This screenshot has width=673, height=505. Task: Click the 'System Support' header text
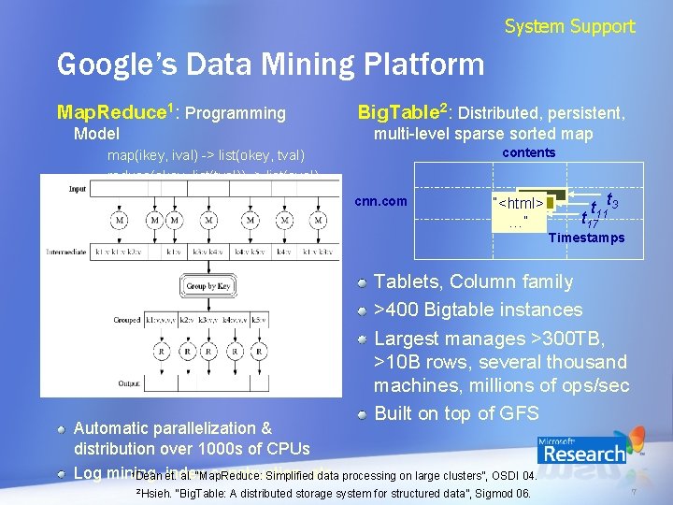569,26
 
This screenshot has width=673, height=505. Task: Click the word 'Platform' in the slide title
429,65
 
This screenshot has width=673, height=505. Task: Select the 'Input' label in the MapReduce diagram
78,189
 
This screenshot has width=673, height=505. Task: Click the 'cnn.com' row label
382,201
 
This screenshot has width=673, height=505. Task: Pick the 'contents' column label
528,152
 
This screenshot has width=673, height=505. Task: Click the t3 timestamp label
610,200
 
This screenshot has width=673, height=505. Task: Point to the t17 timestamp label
588,222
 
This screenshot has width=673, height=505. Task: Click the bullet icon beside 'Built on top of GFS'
362,414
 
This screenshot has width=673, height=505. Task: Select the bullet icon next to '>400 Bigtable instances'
362,310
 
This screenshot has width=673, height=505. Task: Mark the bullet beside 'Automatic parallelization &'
62,429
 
